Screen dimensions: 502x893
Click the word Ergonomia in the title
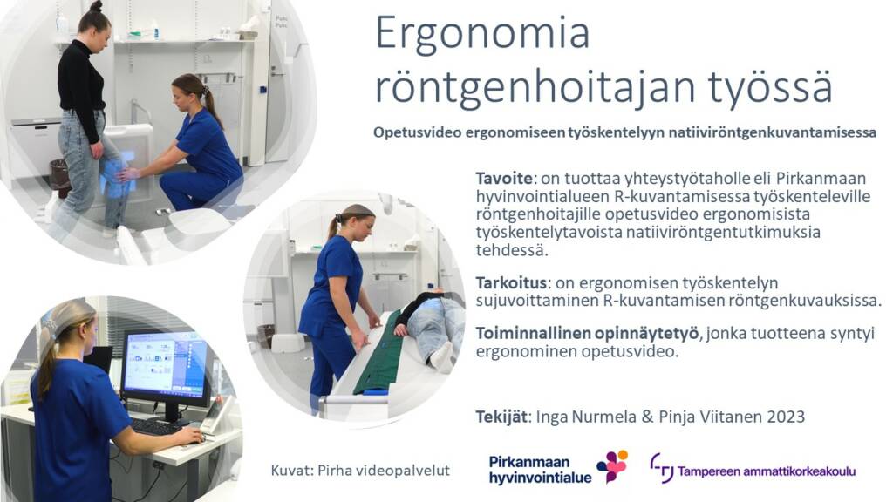tap(482, 33)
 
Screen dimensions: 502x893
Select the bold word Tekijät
tap(502, 417)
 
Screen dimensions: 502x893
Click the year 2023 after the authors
tap(777, 417)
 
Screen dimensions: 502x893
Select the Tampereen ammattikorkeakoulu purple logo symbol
tap(662, 467)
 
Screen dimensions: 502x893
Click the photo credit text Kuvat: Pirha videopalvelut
tap(360, 471)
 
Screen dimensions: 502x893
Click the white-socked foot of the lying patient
tap(440, 356)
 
